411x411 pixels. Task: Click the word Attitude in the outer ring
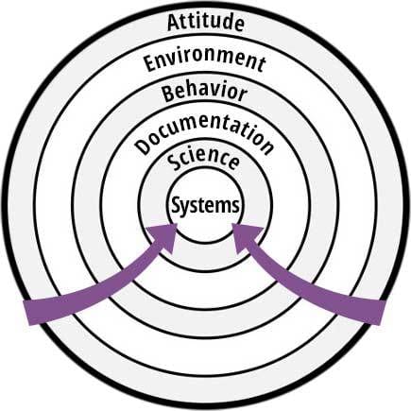(x=206, y=22)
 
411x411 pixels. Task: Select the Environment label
(x=205, y=61)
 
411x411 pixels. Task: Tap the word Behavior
(x=204, y=93)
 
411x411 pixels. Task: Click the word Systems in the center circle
(x=205, y=205)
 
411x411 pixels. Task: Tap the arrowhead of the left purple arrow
(x=165, y=237)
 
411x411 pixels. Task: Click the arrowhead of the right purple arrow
(x=247, y=237)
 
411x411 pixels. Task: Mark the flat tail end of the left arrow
(x=27, y=313)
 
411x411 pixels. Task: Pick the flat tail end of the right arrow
(x=383, y=313)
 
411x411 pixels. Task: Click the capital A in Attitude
(x=174, y=23)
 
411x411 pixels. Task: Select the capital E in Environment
(x=150, y=64)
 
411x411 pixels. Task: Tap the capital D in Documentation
(x=143, y=147)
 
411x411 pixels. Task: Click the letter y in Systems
(x=188, y=208)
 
